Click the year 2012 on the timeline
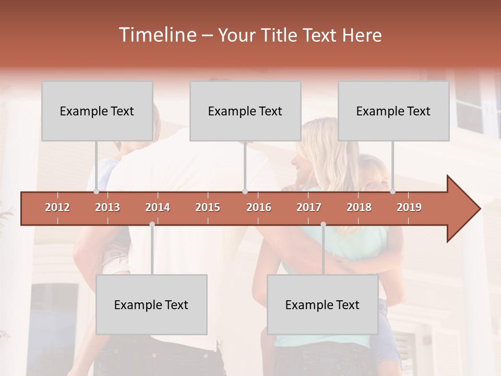point(57,207)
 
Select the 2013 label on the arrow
point(108,207)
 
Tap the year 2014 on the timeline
point(158,207)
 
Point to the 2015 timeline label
point(208,207)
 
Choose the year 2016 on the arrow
point(259,207)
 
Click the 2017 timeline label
point(309,207)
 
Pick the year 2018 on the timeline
point(359,207)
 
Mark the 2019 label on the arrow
point(409,207)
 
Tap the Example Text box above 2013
point(97,111)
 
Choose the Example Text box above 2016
point(245,111)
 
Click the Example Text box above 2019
point(393,111)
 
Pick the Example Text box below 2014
point(151,304)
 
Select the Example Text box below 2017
point(323,304)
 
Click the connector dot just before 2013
point(97,191)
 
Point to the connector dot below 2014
point(152,224)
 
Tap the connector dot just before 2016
point(245,191)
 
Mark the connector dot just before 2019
point(392,191)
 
